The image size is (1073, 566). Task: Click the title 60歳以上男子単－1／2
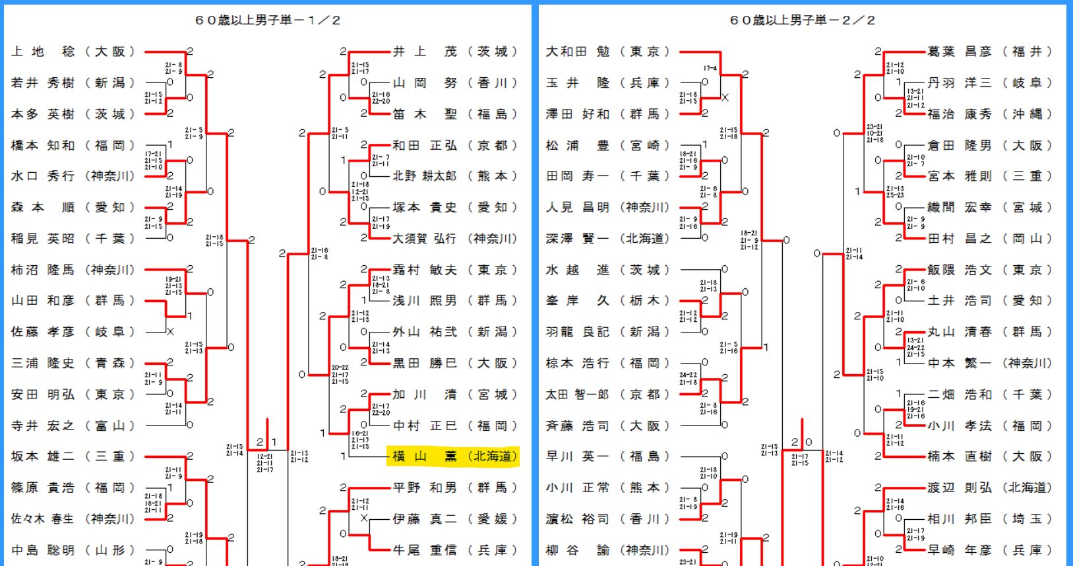(x=268, y=20)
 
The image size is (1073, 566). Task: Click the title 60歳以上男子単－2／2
(x=802, y=20)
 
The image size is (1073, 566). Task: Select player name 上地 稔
(x=43, y=51)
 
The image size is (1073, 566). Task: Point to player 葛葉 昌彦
(x=960, y=51)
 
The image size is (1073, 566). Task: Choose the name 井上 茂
(x=425, y=51)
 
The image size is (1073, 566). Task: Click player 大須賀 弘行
(x=425, y=238)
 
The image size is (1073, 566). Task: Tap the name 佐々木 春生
(x=43, y=519)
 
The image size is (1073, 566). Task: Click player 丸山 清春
(x=960, y=332)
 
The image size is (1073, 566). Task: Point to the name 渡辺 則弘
(x=960, y=487)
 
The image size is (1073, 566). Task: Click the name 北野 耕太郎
(x=425, y=176)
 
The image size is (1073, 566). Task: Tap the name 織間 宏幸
(x=960, y=207)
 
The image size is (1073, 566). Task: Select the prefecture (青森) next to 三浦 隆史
(x=110, y=363)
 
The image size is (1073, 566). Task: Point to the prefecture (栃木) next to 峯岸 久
(x=645, y=301)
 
